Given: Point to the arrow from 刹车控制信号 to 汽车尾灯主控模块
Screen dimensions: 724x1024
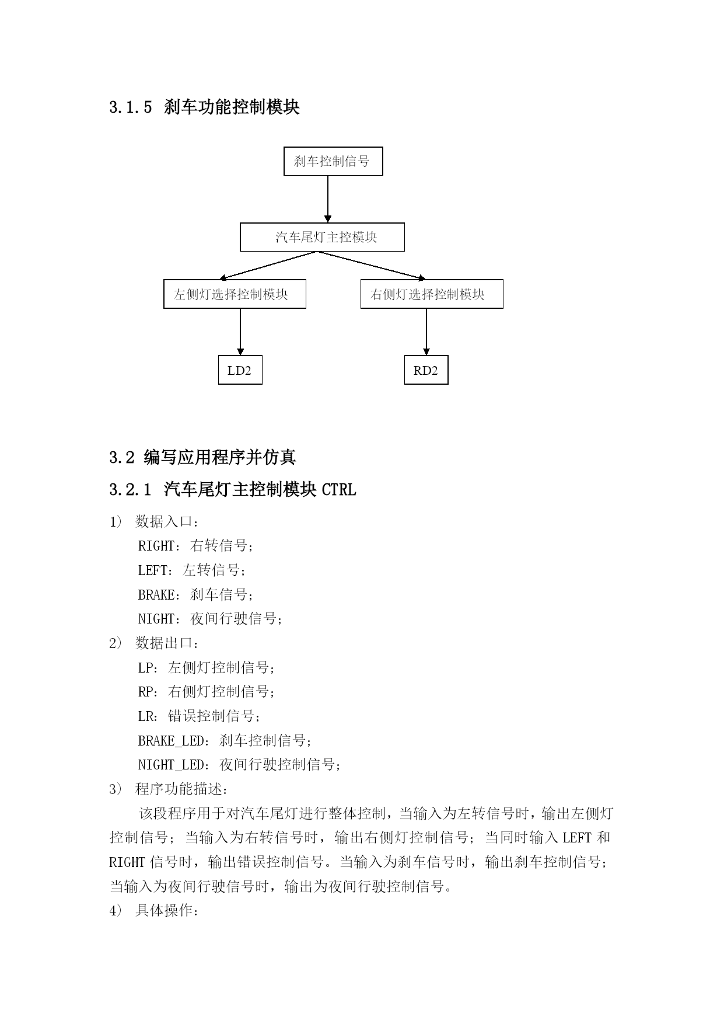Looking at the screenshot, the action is (x=328, y=199).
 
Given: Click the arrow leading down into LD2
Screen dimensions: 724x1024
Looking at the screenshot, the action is (x=240, y=332).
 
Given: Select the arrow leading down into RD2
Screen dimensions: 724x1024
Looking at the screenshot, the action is (x=426, y=332).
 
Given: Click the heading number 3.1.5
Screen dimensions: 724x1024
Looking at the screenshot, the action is (x=130, y=107).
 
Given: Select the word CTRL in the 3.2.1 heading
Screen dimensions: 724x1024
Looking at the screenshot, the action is (x=338, y=489).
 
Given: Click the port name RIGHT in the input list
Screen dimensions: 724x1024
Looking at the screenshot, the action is (x=156, y=546).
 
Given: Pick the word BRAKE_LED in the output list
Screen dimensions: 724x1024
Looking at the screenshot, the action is (x=172, y=741).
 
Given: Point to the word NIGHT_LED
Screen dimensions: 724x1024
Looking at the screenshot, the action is (x=172, y=765).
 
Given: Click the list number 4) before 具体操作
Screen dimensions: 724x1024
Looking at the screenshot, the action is (x=116, y=911).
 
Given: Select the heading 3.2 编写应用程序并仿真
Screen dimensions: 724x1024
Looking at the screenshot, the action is (x=202, y=457).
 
